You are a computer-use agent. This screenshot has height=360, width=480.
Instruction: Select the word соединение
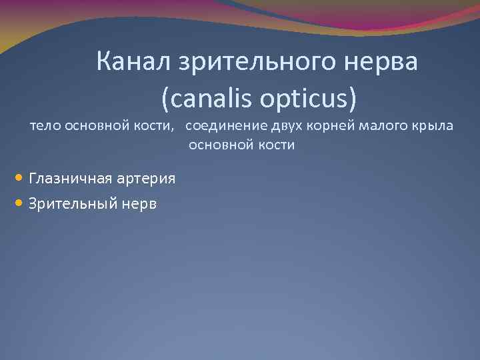[222, 126]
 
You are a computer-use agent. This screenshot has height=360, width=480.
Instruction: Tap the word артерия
[146, 179]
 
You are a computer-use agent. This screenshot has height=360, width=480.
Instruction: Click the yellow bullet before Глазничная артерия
[19, 178]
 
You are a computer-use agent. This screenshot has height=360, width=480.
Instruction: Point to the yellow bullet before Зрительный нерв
[19, 203]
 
